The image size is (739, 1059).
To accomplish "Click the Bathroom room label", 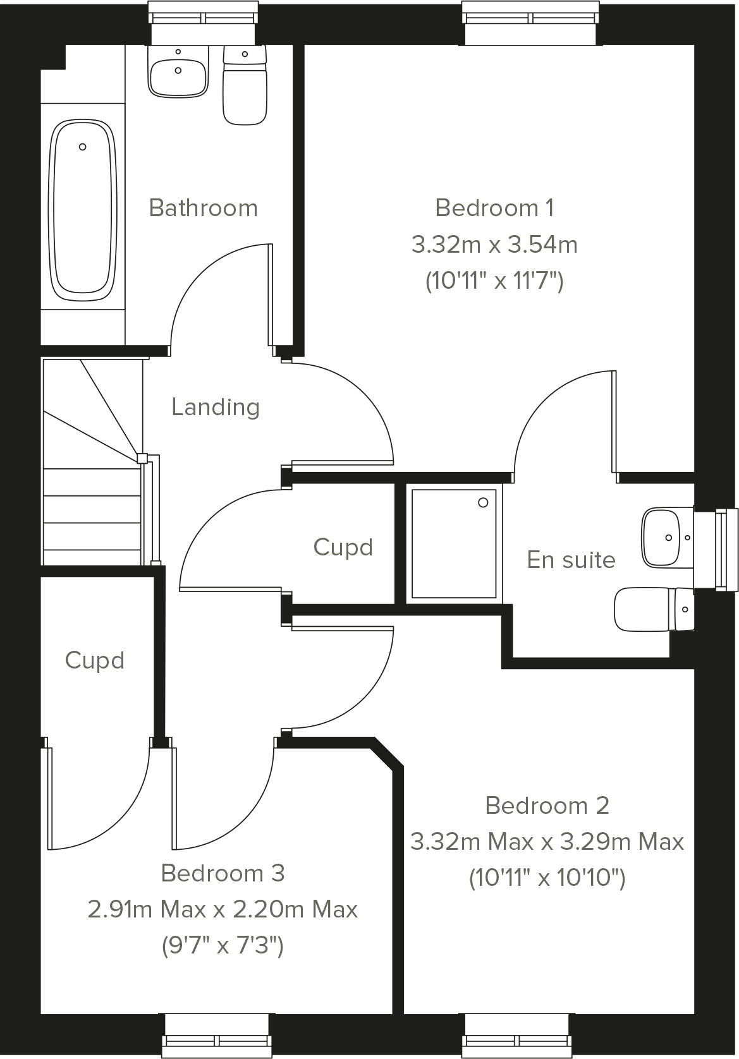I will click(x=203, y=208).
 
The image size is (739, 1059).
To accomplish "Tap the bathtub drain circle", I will click(x=82, y=147).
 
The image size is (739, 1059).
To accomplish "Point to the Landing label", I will click(x=216, y=407).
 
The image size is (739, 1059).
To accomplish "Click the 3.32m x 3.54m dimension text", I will click(x=494, y=244).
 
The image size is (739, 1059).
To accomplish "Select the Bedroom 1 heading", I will click(x=494, y=207).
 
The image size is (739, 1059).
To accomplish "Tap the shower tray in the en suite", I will click(x=453, y=543).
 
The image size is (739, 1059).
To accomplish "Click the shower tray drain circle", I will click(x=484, y=503).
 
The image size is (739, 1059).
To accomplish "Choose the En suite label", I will click(x=571, y=560).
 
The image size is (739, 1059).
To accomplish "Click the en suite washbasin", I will click(x=663, y=538).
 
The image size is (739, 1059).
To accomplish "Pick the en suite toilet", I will click(x=651, y=610).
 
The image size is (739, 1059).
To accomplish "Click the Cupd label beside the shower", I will click(x=343, y=547).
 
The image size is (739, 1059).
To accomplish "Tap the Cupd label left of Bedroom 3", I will click(x=94, y=661).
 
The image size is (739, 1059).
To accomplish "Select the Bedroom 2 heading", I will click(x=547, y=806).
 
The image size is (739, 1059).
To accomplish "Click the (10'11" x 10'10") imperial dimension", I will click(x=547, y=878).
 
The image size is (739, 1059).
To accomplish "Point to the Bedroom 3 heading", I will click(x=223, y=873).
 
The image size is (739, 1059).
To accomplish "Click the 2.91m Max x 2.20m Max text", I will click(x=223, y=909).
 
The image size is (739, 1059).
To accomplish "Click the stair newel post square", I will click(x=142, y=458).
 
